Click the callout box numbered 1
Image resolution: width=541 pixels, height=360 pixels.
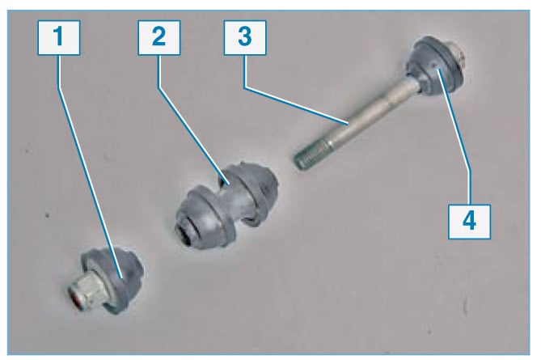[59, 38]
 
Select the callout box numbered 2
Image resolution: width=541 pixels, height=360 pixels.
[159, 38]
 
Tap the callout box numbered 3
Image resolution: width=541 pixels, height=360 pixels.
[245, 38]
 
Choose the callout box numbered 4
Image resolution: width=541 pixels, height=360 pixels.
[469, 222]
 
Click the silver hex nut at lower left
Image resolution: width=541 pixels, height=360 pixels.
[88, 288]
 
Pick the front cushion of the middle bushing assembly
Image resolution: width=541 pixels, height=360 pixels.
[204, 218]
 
